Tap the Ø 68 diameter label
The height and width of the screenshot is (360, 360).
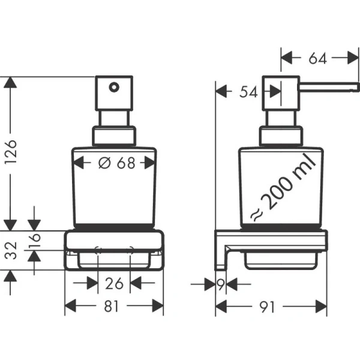[x=114, y=163]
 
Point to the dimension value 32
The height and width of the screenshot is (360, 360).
[x=8, y=250]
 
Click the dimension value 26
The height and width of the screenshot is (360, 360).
[x=114, y=282]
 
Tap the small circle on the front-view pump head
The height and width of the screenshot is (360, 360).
[x=113, y=88]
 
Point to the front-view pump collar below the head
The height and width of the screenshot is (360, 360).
[x=114, y=136]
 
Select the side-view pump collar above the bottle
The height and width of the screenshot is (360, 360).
[x=280, y=136]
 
